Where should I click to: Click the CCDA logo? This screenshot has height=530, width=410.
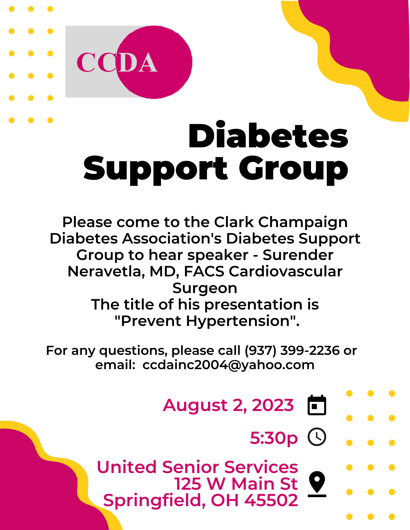pos(129,62)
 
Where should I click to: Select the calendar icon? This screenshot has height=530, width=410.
pos(317,405)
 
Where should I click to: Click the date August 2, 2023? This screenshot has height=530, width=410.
pos(228,405)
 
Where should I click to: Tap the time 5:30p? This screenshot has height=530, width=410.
pos(274,438)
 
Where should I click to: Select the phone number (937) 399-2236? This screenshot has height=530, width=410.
pos(292,350)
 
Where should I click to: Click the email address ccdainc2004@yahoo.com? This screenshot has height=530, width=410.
pos(228,365)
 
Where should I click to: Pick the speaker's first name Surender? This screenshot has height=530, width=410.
pos(298,255)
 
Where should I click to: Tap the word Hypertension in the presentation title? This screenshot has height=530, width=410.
pos(238,321)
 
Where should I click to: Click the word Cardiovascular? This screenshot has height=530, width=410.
pos(286,272)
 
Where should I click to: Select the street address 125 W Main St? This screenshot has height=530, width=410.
pos(236,484)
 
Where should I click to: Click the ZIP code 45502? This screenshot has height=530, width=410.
pos(271,500)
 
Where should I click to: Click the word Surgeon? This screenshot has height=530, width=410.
pos(205,288)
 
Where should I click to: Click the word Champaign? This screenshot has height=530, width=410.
pos(303,222)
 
